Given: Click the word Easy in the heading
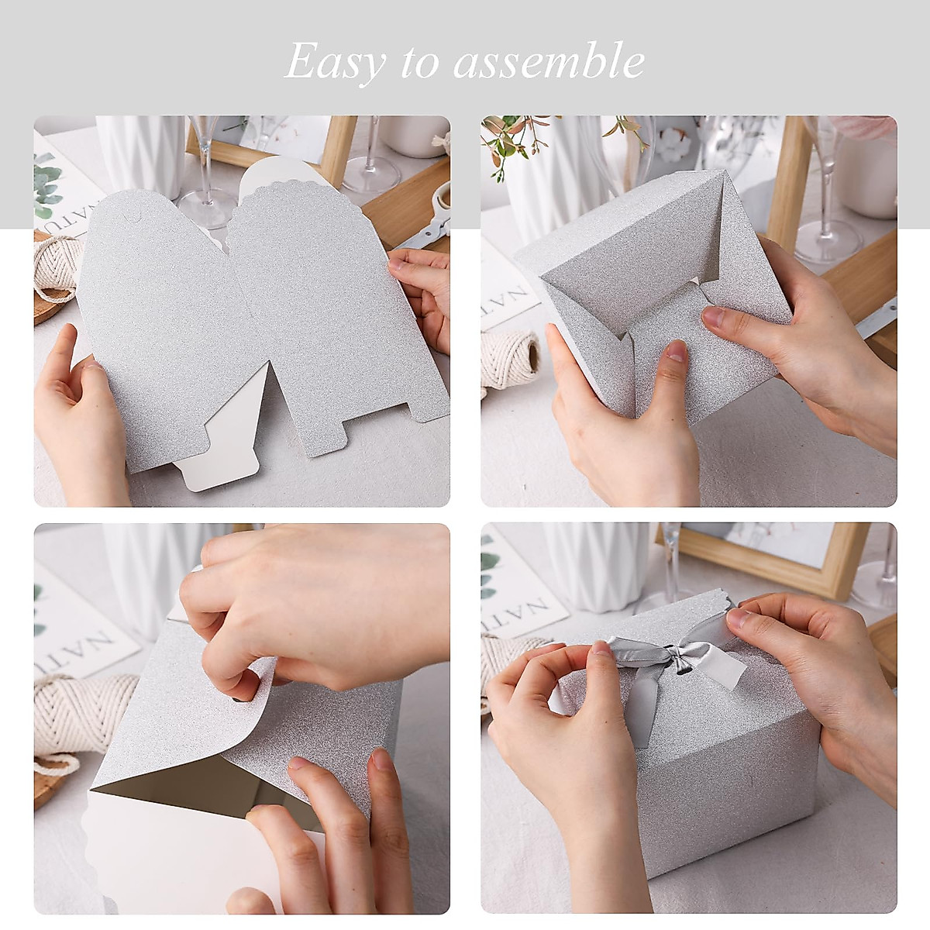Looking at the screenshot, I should coord(335,62).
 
